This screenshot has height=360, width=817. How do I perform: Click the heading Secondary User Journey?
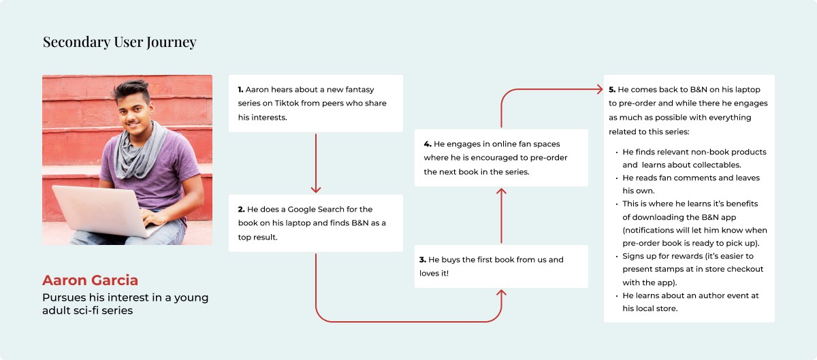point(119,42)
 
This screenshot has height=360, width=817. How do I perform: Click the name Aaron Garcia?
point(90,280)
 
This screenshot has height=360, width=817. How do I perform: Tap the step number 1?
point(240,89)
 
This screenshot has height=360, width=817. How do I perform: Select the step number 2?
point(240,210)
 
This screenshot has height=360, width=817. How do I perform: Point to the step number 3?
point(423,260)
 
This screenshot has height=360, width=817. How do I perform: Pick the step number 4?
point(427,144)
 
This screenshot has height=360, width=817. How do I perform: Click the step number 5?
point(612,90)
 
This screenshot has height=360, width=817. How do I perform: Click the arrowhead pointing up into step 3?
point(502,293)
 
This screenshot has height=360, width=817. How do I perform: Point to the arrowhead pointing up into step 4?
point(502,192)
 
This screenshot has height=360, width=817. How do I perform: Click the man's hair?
point(130,91)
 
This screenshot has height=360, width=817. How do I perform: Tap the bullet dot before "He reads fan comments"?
point(616,178)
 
